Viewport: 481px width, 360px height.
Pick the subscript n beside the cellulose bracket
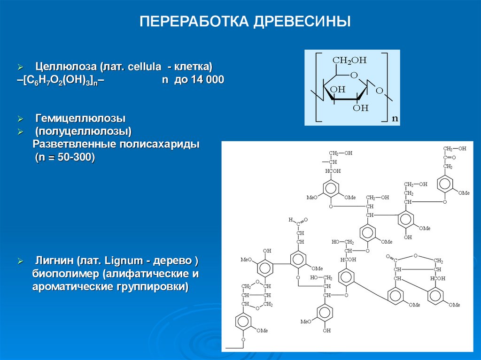pyautogui.click(x=395, y=119)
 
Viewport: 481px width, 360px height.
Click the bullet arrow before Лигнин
pyautogui.click(x=20, y=261)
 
